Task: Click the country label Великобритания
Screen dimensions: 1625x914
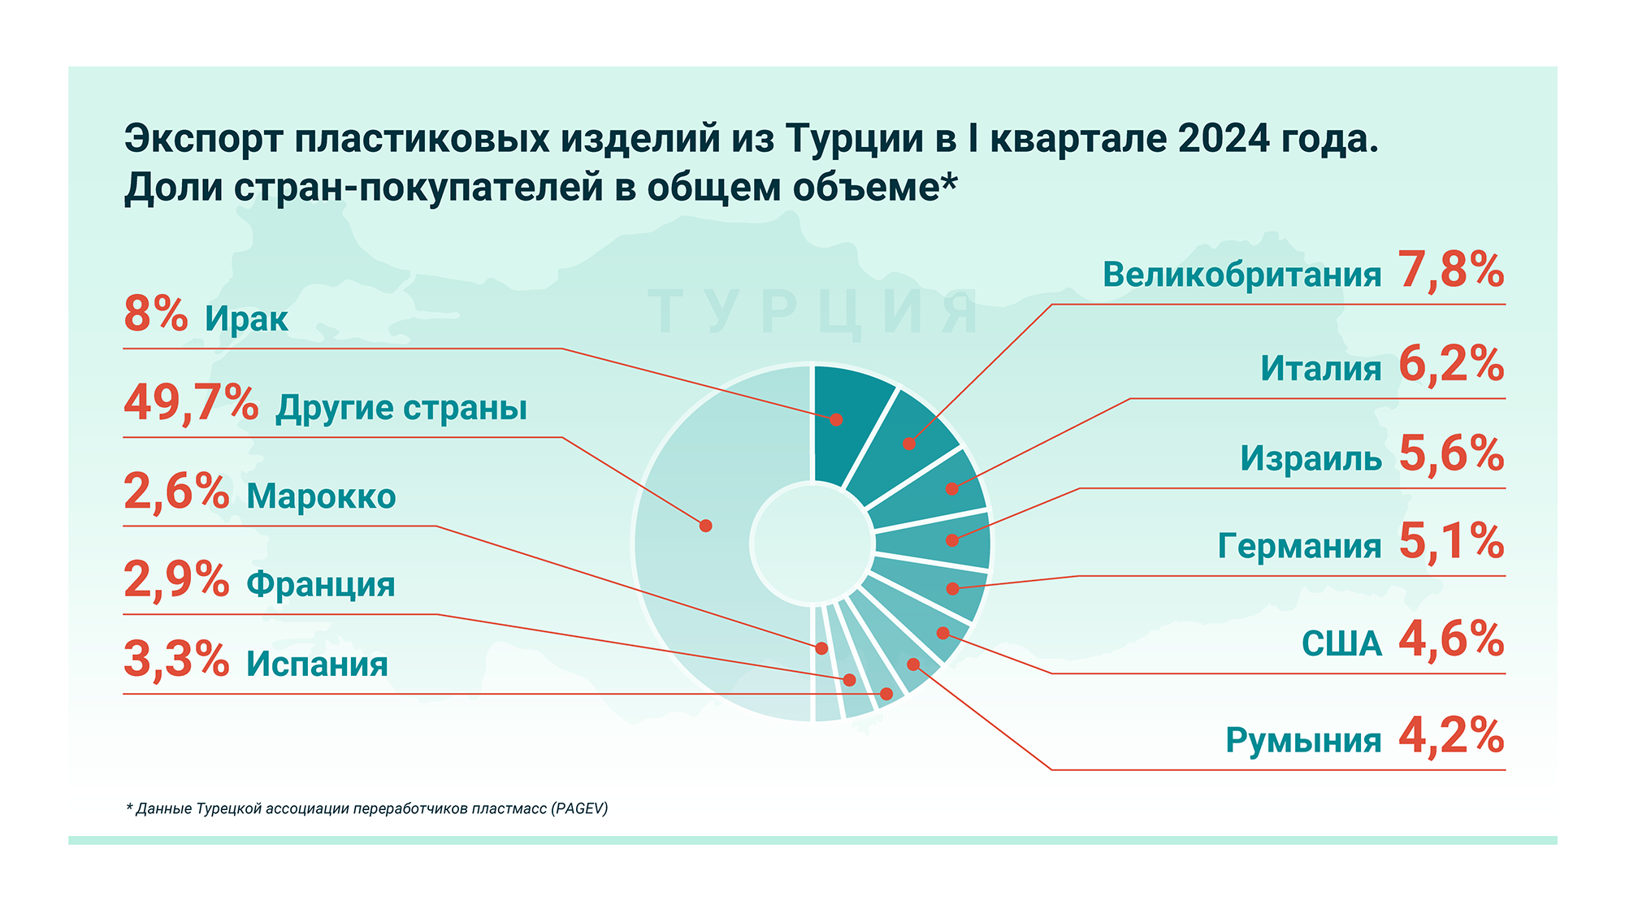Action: [x=1241, y=275]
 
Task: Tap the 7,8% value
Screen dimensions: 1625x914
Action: [x=1451, y=270]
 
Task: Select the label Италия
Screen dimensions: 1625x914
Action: [x=1320, y=368]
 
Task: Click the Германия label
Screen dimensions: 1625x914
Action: [x=1299, y=545]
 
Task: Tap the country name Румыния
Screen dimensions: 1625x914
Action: [x=1303, y=740]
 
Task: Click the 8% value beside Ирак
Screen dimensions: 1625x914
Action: [x=155, y=314]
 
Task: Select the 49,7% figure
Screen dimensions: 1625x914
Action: [x=191, y=404]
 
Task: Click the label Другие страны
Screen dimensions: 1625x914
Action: [x=401, y=409]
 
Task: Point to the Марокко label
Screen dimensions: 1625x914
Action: [x=321, y=496]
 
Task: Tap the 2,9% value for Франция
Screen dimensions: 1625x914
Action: [x=176, y=580]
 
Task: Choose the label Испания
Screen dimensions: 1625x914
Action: [x=317, y=664]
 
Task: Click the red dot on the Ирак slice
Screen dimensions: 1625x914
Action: [x=836, y=420]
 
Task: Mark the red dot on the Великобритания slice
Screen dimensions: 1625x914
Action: [x=909, y=444]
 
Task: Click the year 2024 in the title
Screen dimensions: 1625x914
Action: [x=1224, y=139]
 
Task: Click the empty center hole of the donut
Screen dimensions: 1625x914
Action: [x=812, y=543]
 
